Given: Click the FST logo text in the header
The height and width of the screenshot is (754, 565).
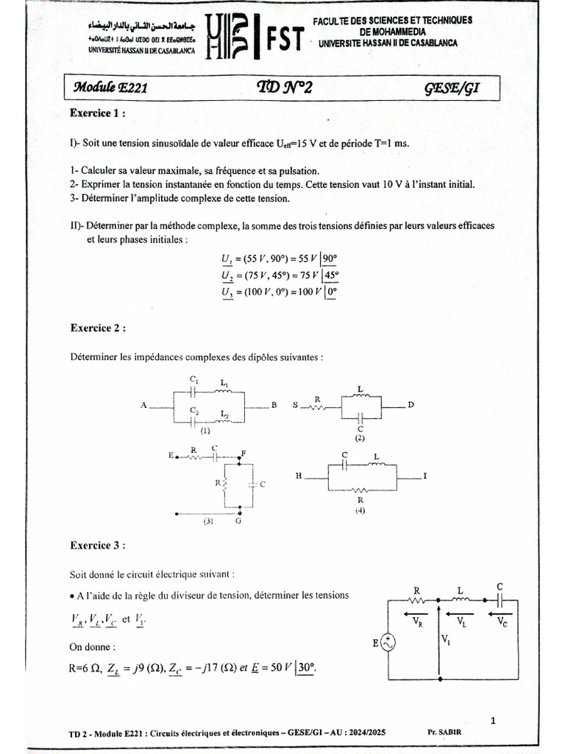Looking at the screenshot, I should click(283, 43).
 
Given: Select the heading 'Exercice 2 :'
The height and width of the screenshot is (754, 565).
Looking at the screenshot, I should click(97, 327).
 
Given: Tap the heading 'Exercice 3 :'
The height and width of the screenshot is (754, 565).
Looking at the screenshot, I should click(97, 546).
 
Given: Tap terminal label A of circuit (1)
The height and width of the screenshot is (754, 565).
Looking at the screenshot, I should click(145, 405).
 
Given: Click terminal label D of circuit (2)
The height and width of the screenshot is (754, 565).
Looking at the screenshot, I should click(412, 405).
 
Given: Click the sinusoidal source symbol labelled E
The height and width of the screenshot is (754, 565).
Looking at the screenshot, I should click(388, 644).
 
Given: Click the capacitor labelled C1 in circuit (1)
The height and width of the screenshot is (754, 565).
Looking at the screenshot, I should click(193, 391).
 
